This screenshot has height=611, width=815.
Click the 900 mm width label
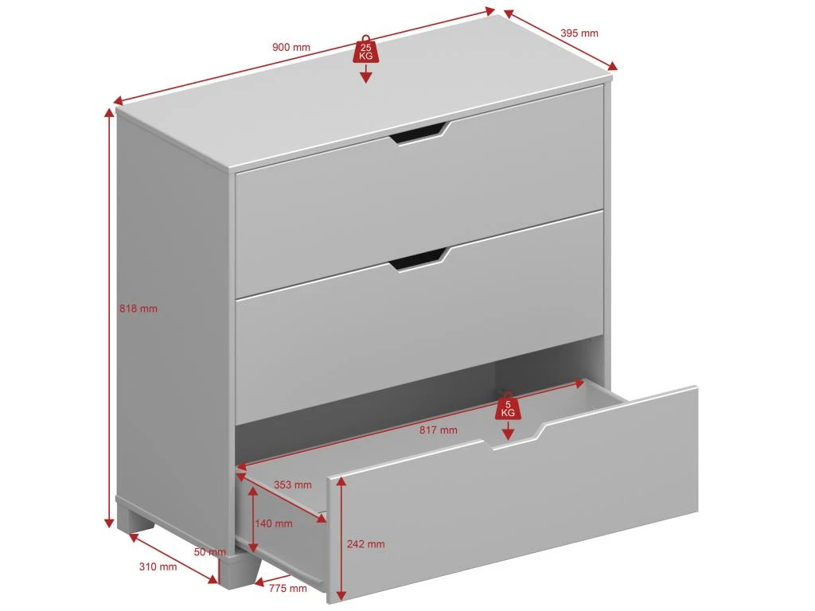coord(291,47)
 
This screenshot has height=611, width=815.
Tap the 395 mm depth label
coord(579,33)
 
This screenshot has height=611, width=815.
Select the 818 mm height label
coord(138,309)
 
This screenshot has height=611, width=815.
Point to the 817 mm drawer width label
coord(439,430)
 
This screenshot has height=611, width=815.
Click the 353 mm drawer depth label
coord(293,485)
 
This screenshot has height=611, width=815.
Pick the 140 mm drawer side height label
coord(274,523)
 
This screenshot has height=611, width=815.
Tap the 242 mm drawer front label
coord(366,544)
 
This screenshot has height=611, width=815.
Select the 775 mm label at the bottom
coord(288,588)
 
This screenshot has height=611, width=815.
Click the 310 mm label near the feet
coord(158,566)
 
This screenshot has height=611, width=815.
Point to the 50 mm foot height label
coord(210,552)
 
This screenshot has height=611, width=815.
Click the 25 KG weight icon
coord(366,50)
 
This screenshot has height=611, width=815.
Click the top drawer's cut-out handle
coord(419,133)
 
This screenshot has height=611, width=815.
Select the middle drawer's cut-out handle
coord(419,259)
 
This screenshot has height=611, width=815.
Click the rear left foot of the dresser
coord(136,520)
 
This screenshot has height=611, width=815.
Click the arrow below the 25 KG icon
coord(366,73)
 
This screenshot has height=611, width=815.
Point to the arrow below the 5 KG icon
coord(509,430)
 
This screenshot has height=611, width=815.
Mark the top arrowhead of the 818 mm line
coord(109,113)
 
